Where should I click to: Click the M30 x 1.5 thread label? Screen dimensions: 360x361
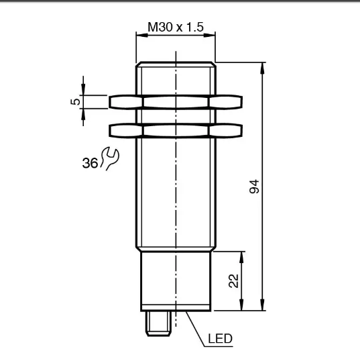tap(176, 27)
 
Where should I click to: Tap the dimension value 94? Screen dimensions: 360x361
tap(254, 187)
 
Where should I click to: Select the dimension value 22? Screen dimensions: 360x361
tap(234, 281)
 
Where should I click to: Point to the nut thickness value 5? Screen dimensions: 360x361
tap(75, 101)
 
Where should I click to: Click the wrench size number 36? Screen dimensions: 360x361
tap(90, 163)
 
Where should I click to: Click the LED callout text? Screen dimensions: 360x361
tap(220, 339)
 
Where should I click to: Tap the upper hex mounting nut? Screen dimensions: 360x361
tap(176, 102)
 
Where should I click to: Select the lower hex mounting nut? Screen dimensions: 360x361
tap(176, 131)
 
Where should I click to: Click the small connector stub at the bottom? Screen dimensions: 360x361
tap(158, 323)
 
